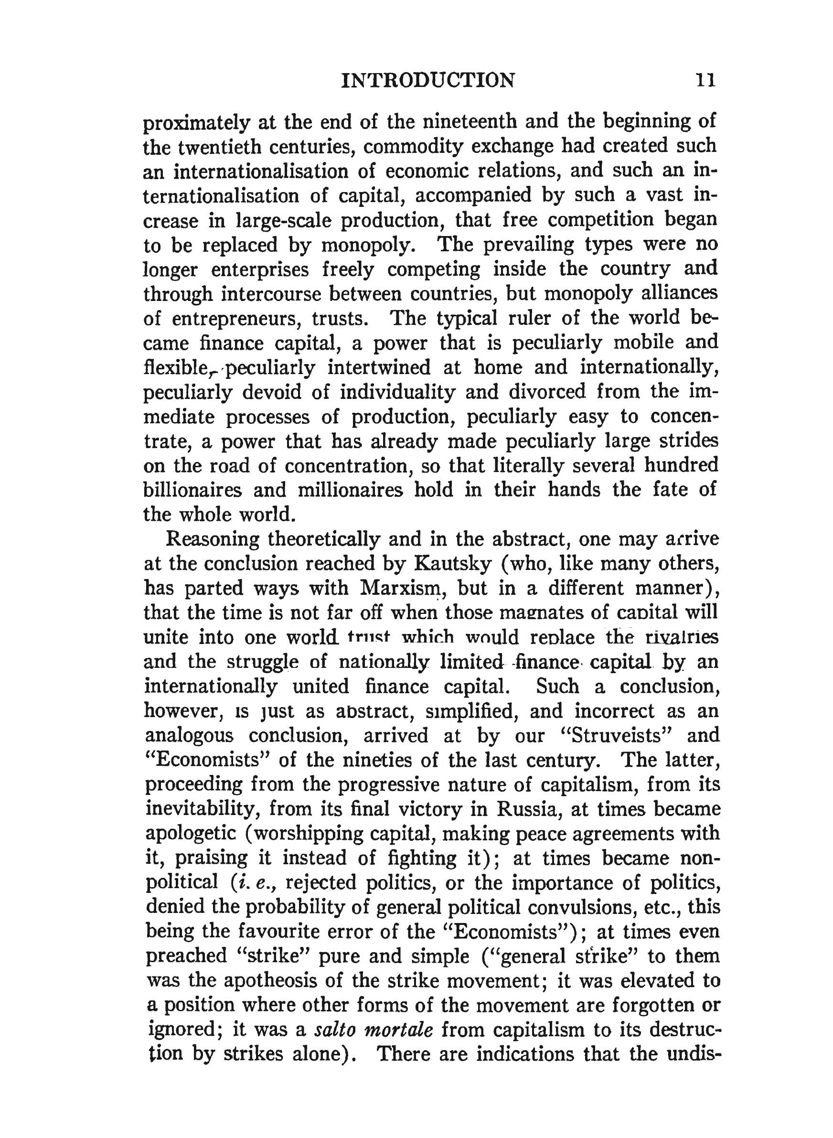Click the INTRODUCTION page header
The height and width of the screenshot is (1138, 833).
point(428,80)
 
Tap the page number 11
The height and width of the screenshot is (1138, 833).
point(705,80)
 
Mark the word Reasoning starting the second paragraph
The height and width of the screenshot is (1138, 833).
point(212,539)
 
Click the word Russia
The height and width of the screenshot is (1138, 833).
point(528,809)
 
